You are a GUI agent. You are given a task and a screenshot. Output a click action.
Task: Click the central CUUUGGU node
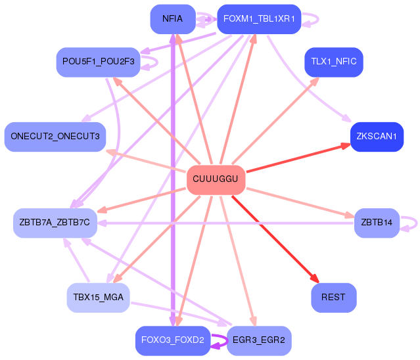pos(216,179)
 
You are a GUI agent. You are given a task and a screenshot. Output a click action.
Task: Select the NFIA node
pos(173,19)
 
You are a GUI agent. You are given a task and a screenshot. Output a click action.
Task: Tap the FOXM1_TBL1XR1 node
pos(259,19)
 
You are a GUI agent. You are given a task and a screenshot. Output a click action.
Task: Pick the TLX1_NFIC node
pos(334,62)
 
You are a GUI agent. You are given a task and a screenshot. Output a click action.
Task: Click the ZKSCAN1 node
pos(377,137)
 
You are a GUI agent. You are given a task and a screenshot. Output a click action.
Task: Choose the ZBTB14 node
pos(377,223)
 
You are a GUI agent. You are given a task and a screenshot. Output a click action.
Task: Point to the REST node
pos(334,298)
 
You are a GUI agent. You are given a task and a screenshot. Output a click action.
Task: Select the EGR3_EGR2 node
pos(259,340)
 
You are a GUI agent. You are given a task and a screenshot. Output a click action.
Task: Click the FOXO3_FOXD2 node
pos(173,340)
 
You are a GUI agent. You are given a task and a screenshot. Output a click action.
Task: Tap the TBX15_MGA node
pos(99,298)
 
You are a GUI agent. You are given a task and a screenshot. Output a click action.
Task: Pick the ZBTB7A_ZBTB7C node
pos(55,223)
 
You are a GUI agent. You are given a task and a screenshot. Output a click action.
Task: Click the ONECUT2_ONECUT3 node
pos(55,137)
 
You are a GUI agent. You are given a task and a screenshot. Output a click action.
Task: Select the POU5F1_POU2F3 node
pos(99,62)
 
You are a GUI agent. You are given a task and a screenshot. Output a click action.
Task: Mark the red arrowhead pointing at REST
pos(315,279)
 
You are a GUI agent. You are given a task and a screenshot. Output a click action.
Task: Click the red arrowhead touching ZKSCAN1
pos(346,146)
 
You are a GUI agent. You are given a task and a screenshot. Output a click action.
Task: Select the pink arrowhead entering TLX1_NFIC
pos(315,81)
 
